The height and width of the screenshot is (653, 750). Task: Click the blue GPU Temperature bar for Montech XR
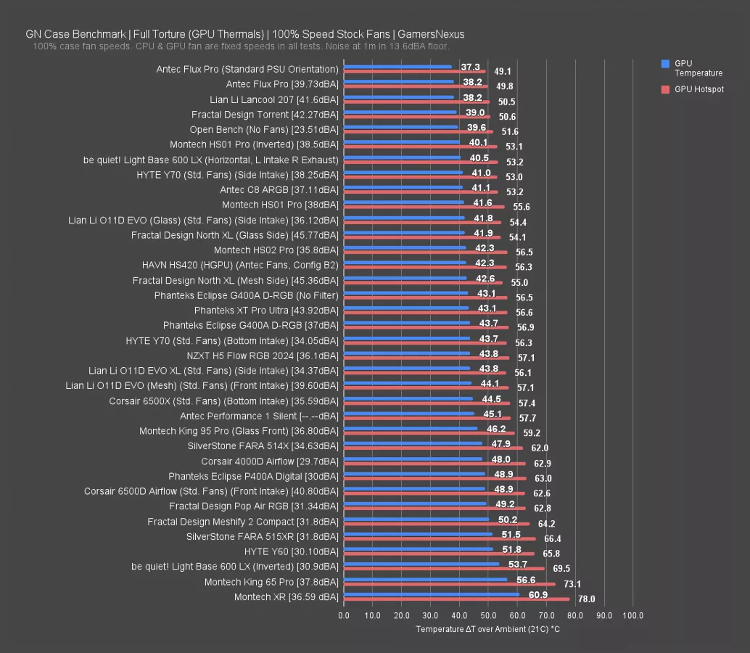coord(431,594)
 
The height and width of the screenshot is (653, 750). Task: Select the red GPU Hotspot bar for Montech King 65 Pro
coord(449,584)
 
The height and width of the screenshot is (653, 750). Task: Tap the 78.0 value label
coord(586,599)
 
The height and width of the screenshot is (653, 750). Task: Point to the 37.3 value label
coord(470,67)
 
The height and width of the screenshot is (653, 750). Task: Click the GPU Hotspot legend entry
coord(699,89)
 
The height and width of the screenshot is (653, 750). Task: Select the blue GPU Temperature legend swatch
coord(665,64)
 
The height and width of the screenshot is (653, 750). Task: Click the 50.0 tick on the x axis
coord(488,616)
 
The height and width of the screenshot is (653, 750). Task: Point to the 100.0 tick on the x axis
coord(632,616)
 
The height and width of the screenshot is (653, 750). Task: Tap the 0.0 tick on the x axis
coord(344,616)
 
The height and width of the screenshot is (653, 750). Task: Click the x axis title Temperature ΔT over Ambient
coord(487,629)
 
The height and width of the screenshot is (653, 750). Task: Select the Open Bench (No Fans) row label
coord(264,130)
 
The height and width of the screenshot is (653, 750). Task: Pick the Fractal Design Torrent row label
coord(265,115)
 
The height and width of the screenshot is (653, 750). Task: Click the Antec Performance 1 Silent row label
coord(259,416)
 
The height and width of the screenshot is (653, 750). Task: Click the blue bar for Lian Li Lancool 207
coord(398,96)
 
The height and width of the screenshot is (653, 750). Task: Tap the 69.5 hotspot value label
coord(561,569)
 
